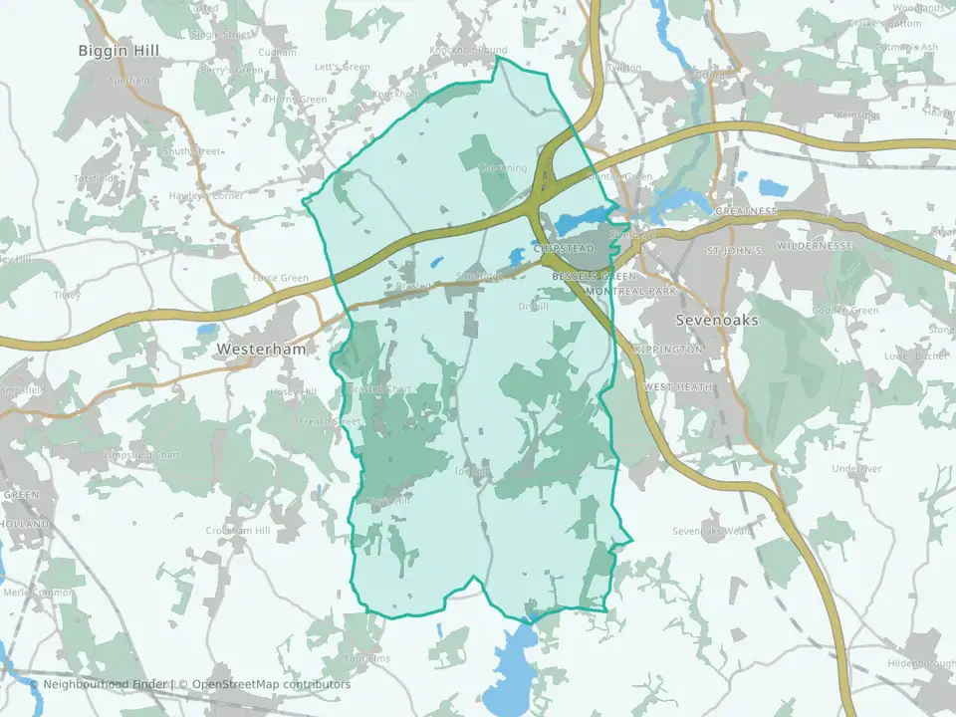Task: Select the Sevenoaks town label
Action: point(717,321)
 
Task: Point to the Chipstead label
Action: point(563,248)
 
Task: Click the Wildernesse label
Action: point(816,245)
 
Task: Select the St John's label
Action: point(733,251)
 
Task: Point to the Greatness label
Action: point(745,211)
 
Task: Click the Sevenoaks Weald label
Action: point(711,531)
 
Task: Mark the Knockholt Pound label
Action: point(468,50)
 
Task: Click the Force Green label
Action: point(281,278)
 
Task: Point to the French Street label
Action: point(330,422)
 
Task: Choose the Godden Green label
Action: point(846,311)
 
